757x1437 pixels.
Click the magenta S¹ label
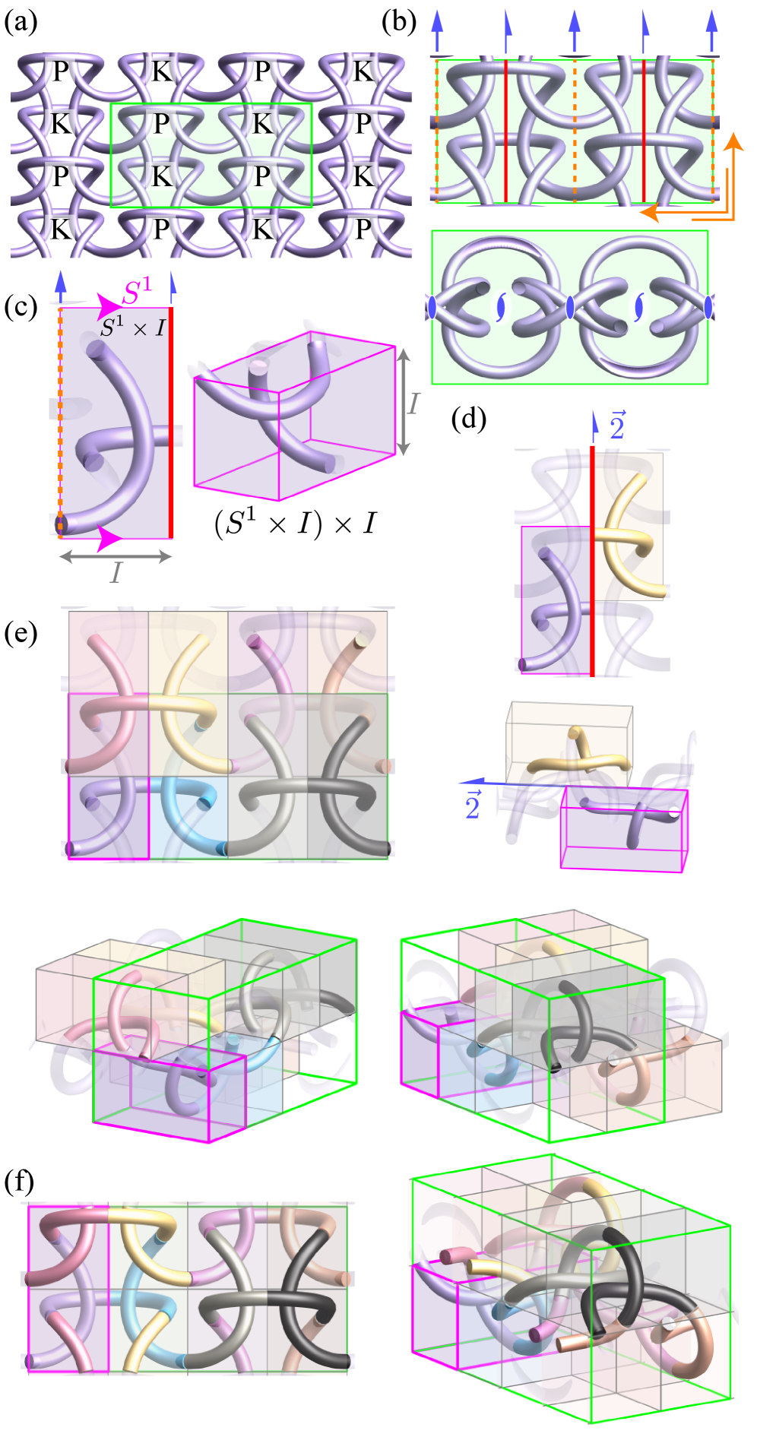click(x=137, y=291)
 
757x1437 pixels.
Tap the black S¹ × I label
click(x=133, y=327)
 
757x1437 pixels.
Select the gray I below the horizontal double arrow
click(x=116, y=572)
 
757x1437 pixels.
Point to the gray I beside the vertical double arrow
click(x=413, y=403)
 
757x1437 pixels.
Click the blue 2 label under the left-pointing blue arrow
click(x=472, y=807)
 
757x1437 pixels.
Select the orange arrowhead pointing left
click(x=648, y=213)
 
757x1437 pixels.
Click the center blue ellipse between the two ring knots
click(x=570, y=307)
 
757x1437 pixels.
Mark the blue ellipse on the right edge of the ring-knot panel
click(x=708, y=307)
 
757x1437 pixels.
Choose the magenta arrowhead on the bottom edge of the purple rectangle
click(x=108, y=540)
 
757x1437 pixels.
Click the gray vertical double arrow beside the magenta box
click(x=404, y=403)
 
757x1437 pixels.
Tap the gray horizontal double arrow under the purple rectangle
click(x=116, y=557)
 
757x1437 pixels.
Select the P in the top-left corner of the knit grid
click(x=60, y=71)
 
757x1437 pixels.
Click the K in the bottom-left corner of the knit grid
click(x=60, y=228)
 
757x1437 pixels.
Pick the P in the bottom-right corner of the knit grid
click(x=363, y=228)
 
